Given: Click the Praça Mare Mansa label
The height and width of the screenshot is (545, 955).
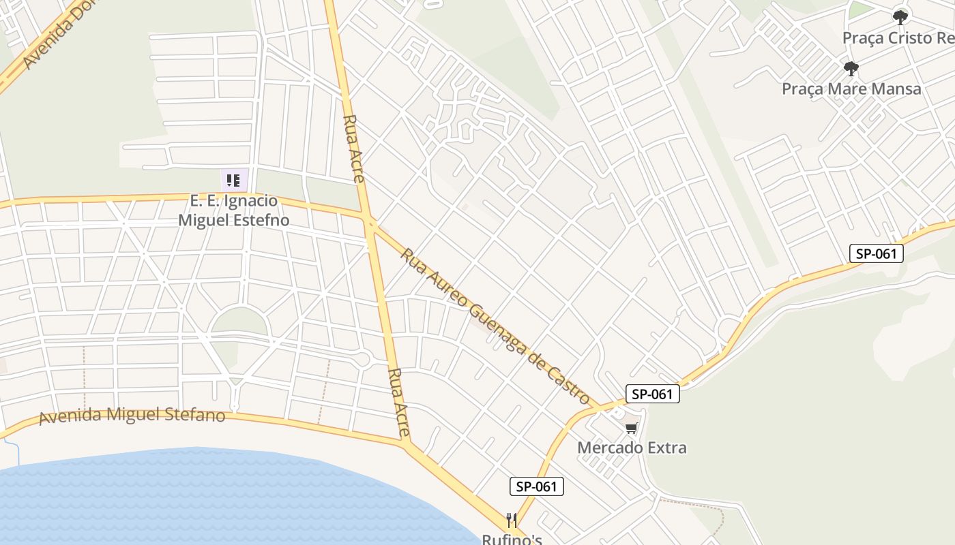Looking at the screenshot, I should (x=851, y=89).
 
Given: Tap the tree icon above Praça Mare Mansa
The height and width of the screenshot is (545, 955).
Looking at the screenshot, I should (x=851, y=69).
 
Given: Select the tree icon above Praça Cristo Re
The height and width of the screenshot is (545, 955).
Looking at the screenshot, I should (x=900, y=17).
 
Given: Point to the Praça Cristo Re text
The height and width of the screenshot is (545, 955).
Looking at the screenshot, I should (x=898, y=37).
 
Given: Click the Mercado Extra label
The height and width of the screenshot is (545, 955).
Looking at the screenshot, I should (x=632, y=448).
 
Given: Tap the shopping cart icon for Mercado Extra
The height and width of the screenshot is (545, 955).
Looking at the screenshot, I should (x=632, y=429).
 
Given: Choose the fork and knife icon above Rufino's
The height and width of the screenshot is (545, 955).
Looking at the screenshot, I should (x=512, y=520).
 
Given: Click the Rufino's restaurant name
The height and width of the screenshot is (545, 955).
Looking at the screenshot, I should (x=512, y=539).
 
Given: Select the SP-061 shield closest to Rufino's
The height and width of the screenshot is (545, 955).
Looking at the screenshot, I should (x=537, y=486).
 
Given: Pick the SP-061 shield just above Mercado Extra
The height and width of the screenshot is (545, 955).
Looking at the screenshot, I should (x=653, y=394).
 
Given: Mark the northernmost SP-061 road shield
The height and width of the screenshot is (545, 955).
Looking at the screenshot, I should (x=877, y=254).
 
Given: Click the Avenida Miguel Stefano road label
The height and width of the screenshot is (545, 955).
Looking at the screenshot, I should (x=132, y=415).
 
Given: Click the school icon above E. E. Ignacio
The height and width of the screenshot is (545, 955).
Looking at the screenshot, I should (x=233, y=181).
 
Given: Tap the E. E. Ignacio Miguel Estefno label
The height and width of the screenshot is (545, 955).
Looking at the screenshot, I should (x=233, y=211).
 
